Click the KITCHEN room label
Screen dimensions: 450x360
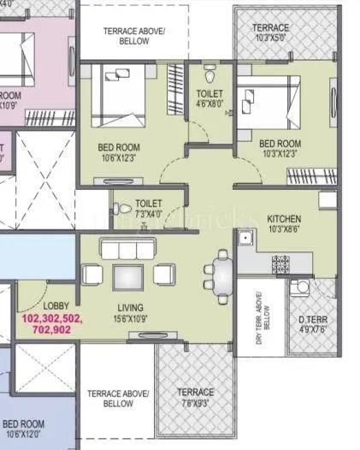[x=283, y=218]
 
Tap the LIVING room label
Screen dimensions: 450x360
[x=131, y=308]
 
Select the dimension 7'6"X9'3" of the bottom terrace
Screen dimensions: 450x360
[x=195, y=403]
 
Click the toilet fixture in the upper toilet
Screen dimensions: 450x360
[x=210, y=68]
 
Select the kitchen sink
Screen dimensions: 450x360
[x=247, y=240]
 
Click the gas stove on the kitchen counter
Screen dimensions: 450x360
[x=280, y=261]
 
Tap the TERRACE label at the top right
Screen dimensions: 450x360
[x=270, y=28]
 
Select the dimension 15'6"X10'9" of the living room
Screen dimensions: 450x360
[x=131, y=318]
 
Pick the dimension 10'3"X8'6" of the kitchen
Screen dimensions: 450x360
[x=283, y=228]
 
